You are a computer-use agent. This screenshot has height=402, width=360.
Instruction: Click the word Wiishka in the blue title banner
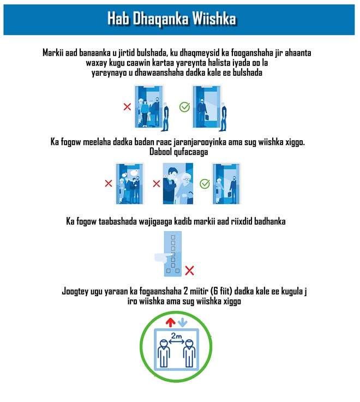214,19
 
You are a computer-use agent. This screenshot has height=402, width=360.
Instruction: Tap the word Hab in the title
118,19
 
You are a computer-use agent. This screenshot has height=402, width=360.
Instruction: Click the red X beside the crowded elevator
127,107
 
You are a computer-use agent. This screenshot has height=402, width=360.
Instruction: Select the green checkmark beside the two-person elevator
184,107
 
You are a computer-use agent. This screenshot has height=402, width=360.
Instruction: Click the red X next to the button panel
189,271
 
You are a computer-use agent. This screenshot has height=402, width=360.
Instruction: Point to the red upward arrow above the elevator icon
171,322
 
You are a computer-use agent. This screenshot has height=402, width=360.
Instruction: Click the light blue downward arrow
183,322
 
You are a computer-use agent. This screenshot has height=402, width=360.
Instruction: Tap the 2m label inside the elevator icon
176,335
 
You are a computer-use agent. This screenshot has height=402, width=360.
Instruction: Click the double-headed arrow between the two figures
176,342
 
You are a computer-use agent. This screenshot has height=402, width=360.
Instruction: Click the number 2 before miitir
186,291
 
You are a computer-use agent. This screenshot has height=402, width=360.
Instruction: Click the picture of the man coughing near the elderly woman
178,184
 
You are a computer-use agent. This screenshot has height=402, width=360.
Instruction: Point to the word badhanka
270,221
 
